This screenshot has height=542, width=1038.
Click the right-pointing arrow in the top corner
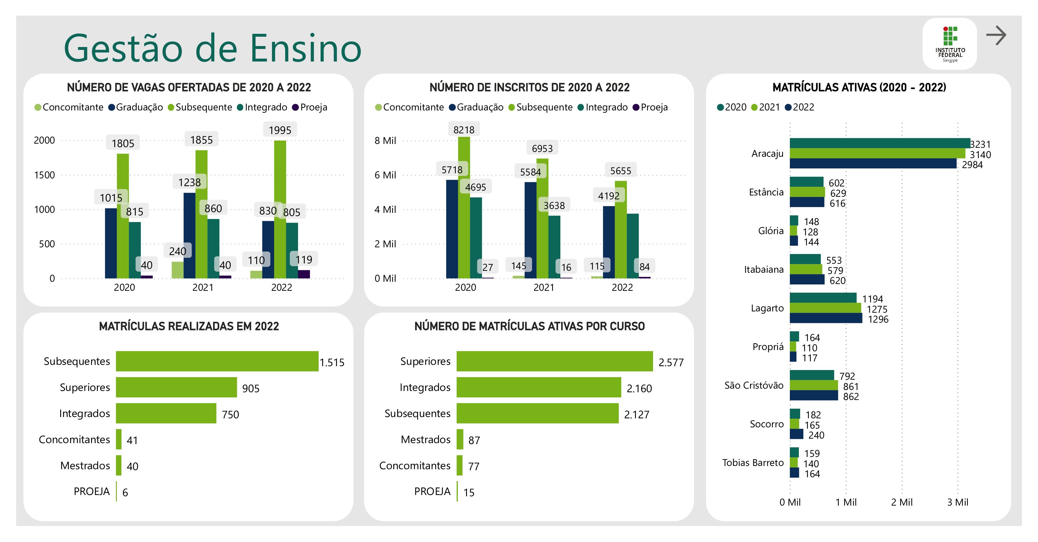coord(996,35)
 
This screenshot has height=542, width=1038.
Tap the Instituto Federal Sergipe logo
coord(950,43)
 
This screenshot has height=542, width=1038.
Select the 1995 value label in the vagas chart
coord(280,130)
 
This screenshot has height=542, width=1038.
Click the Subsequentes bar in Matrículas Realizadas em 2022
coord(217,361)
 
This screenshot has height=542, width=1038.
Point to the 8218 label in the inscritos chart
coord(464,130)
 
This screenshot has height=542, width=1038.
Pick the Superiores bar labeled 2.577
coord(555,361)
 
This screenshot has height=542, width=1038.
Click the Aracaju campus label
coord(767,154)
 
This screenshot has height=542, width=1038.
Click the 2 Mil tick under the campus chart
coord(902,502)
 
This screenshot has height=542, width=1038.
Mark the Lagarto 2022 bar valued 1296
coord(826,319)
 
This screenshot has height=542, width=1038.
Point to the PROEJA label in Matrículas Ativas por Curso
coord(432,491)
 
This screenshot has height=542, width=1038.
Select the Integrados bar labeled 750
coord(166,414)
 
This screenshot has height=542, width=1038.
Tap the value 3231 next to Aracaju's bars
coord(980,144)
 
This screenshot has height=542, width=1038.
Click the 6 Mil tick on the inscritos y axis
coord(385,175)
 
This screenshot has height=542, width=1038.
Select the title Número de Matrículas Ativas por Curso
coord(529,326)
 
